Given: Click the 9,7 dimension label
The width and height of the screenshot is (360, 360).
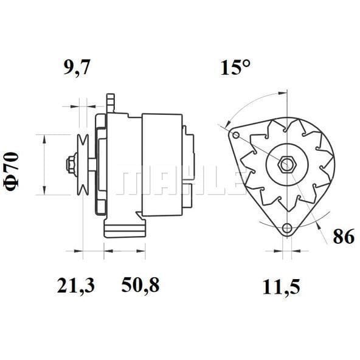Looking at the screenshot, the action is pos(77,67).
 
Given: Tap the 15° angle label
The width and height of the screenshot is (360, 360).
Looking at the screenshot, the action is pos(235,67).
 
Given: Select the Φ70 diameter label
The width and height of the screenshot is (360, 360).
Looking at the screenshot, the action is pos(12,171).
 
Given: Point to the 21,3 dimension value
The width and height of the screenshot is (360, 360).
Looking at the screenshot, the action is pos(75,285).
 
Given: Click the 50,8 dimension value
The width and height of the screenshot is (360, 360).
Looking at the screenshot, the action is pos(140,285).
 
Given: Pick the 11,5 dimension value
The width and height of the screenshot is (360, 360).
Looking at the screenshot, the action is pos(281,287).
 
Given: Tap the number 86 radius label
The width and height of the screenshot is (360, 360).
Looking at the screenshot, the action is pos(344,237).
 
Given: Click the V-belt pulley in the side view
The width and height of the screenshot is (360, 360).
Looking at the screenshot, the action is pos(83,165).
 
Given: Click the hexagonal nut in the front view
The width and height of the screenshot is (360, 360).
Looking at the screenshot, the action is pos(286,164).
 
